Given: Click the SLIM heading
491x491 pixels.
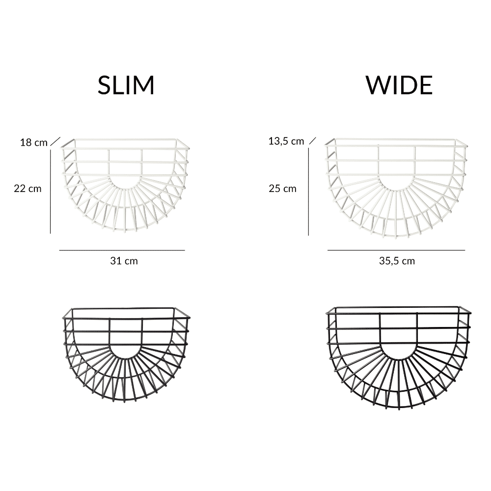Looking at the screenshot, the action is [x=126, y=85].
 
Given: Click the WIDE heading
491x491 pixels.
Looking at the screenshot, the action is [x=399, y=85].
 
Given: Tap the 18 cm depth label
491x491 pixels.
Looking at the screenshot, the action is [x=34, y=142].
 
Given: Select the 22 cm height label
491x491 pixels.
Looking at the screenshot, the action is [x=27, y=189].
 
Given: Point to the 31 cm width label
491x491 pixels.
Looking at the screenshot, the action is [x=124, y=261].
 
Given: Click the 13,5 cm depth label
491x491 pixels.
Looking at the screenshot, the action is [x=286, y=141].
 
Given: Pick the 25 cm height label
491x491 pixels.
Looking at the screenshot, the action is [x=282, y=189].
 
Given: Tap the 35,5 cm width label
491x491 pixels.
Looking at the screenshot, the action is [x=397, y=261].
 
